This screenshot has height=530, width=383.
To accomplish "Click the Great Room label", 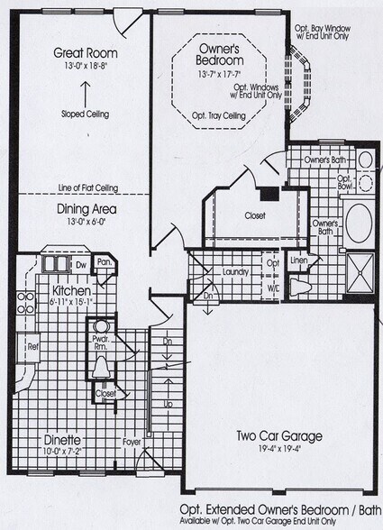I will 86,52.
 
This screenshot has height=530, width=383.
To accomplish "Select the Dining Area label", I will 86,210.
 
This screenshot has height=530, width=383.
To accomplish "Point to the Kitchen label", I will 69,292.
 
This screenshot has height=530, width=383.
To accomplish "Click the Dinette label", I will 61,441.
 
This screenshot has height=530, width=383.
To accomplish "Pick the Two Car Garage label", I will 279,437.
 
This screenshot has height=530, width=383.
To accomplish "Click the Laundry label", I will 234,270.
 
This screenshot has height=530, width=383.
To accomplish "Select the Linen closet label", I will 299,261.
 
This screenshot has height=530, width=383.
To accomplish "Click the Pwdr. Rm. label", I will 101,343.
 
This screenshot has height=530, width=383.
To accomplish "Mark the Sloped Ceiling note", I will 86,115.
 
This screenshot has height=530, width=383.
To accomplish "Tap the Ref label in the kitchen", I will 32,345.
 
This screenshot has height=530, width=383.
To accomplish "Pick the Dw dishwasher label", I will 81,265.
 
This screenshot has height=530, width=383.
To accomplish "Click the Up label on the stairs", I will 168,405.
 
